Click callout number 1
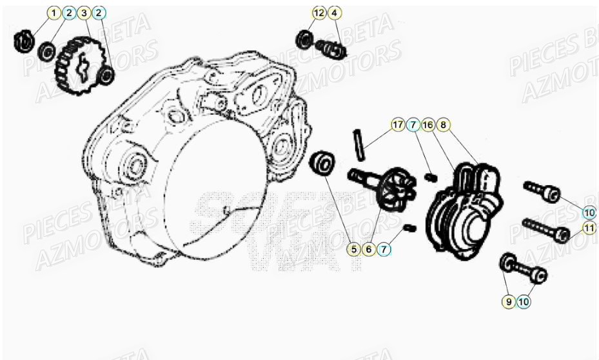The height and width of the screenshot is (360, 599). [x=54, y=13]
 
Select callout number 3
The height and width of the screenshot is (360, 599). [x=83, y=13]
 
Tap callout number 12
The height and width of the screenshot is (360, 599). [x=319, y=13]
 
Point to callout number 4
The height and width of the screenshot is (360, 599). [x=333, y=13]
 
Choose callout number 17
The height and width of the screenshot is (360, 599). [x=398, y=124]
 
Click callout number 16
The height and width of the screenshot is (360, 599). [x=427, y=124]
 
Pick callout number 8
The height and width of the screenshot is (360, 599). [x=443, y=124]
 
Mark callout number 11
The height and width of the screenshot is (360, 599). [x=589, y=228]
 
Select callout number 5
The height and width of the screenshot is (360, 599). [x=353, y=248]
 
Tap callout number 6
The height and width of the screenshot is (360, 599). [x=369, y=248]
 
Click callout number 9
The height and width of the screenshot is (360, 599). [x=509, y=300]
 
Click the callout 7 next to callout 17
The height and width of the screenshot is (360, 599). [x=413, y=124]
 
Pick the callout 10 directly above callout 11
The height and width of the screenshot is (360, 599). [x=589, y=212]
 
